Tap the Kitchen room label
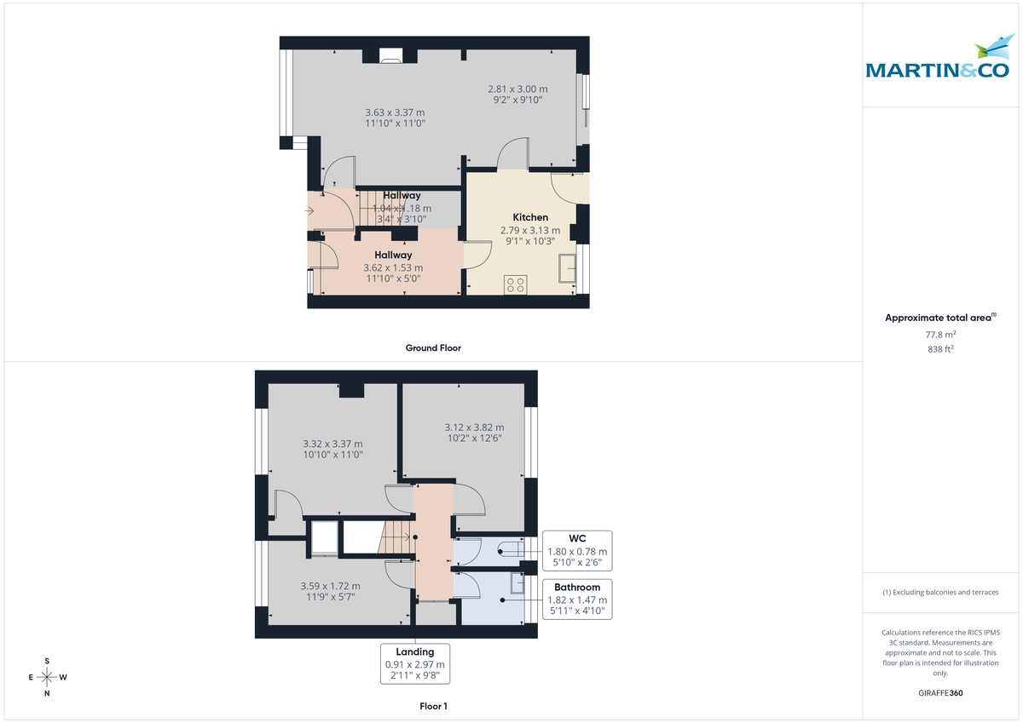(530, 217)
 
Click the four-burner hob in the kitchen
(515, 284)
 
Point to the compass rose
(47, 677)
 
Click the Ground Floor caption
(433, 347)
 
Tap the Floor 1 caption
(433, 706)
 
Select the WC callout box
(577, 551)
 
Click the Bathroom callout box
(577, 599)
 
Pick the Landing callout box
(415, 663)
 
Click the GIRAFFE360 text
(940, 693)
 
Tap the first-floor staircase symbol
(396, 538)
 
